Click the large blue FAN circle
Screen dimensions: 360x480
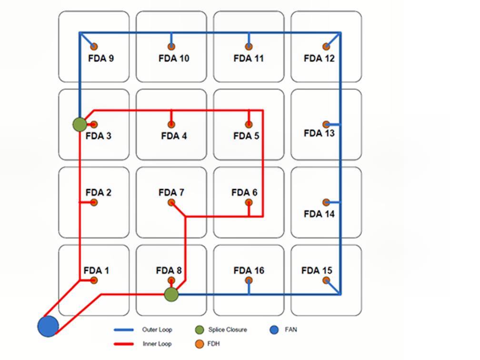(x=48, y=326)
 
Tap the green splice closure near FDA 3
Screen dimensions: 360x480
(x=80, y=124)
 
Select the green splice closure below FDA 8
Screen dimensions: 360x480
(x=171, y=294)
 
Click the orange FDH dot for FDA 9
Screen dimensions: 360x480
(x=94, y=47)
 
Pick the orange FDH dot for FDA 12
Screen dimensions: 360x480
(x=326, y=47)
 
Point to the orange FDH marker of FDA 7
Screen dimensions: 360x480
(x=171, y=203)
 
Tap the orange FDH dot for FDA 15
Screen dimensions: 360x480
(x=326, y=280)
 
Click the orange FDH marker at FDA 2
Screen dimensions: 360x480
(x=94, y=202)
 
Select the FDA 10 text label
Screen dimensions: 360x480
(x=174, y=59)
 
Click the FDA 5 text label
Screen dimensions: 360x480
(x=246, y=136)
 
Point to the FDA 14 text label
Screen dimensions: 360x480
(x=319, y=214)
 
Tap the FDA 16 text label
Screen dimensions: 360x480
(x=249, y=270)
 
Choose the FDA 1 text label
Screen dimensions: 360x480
(x=96, y=270)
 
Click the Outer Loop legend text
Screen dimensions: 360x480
(x=157, y=330)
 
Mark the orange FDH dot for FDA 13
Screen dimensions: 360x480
(x=326, y=124)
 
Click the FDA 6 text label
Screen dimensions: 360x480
(x=244, y=192)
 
